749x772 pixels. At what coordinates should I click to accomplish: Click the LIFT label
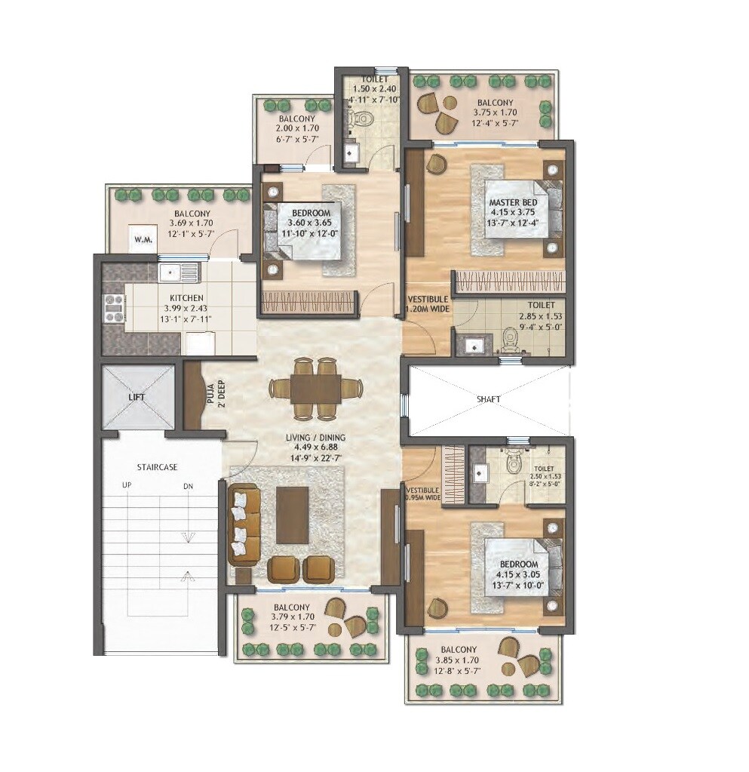click(x=137, y=396)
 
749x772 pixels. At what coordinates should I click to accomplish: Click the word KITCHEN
click(x=186, y=299)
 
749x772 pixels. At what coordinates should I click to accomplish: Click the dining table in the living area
click(x=315, y=388)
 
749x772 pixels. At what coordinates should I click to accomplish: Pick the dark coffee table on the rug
click(x=292, y=514)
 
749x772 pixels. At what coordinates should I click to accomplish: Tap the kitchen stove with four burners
click(x=113, y=307)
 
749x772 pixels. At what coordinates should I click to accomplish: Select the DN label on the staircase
click(x=188, y=487)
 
